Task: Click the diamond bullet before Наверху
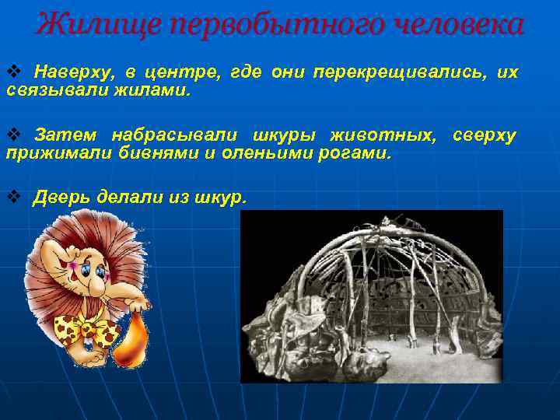click(x=12, y=72)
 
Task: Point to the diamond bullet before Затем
click(x=12, y=135)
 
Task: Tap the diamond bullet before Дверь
click(x=12, y=197)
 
